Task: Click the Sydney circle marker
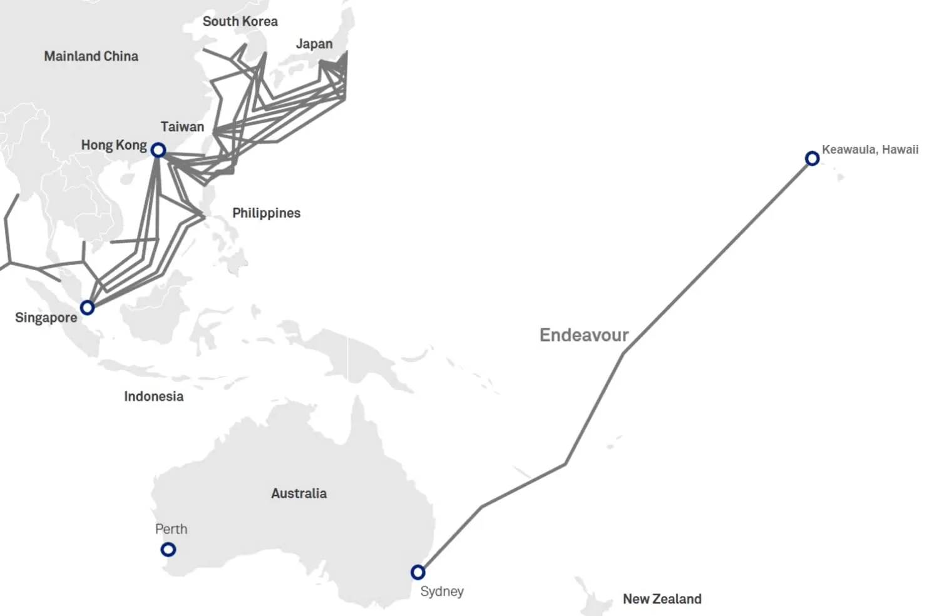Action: click(418, 572)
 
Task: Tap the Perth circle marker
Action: click(168, 550)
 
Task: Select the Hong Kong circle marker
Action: click(158, 150)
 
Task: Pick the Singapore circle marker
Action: click(88, 308)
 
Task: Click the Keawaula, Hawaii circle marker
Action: click(812, 158)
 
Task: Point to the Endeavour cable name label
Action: click(583, 335)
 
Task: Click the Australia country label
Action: click(299, 493)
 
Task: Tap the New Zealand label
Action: click(662, 599)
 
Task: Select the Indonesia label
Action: click(153, 396)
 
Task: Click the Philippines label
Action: click(266, 213)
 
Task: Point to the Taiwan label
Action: click(182, 127)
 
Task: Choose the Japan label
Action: click(314, 44)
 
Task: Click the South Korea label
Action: click(240, 21)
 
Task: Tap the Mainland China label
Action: click(91, 56)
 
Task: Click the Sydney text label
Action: click(442, 592)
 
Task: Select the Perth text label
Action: click(171, 529)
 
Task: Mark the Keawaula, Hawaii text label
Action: click(870, 149)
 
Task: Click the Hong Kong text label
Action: click(114, 145)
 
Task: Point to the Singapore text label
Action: click(46, 318)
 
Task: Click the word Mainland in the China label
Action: click(72, 56)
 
